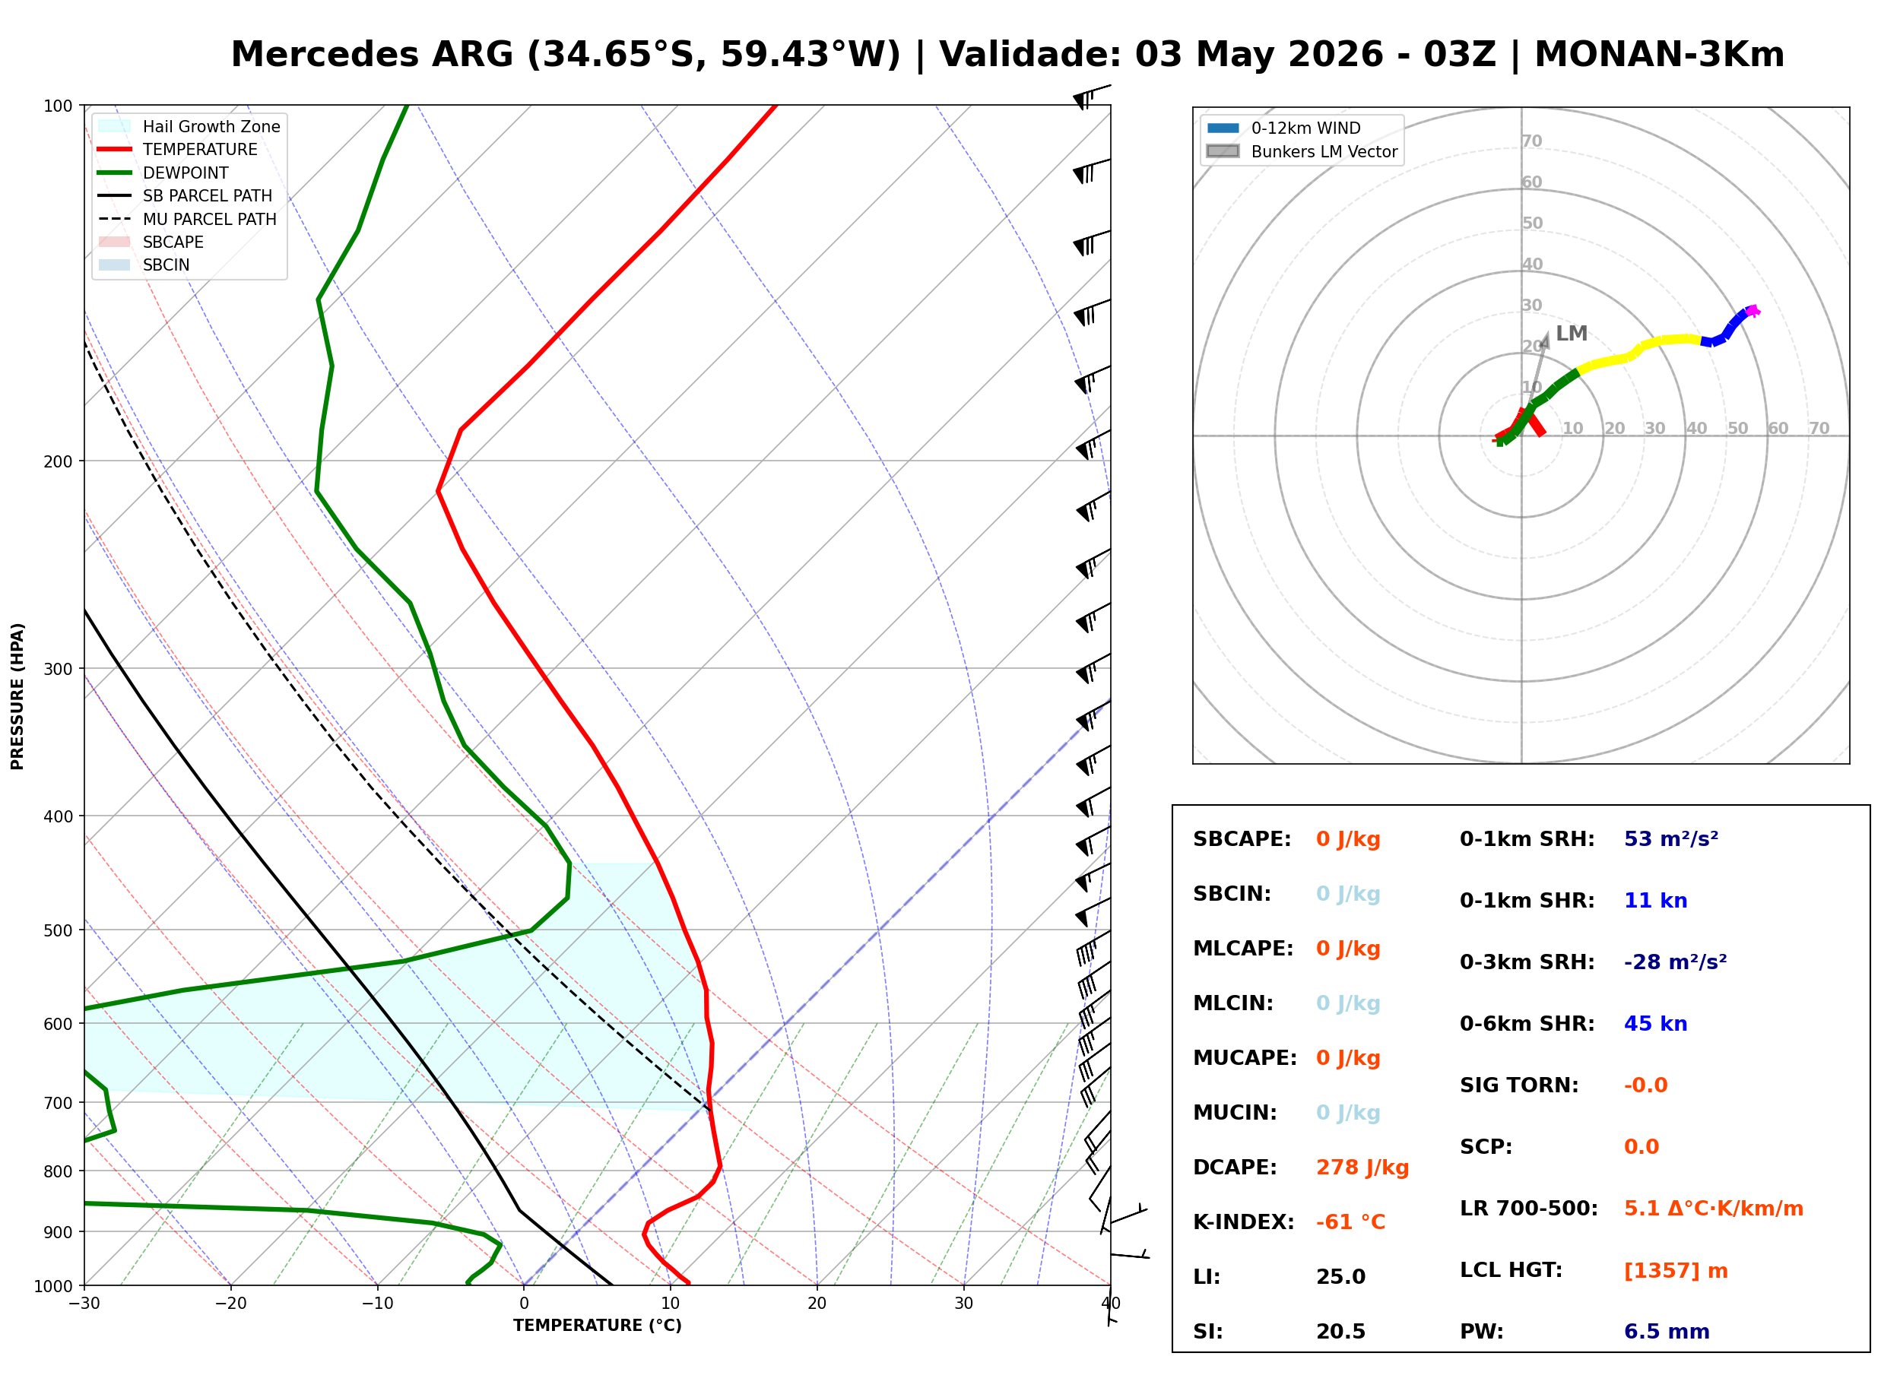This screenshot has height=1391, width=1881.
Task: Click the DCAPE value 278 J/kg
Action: [1362, 1168]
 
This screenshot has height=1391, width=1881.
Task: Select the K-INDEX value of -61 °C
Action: [1350, 1222]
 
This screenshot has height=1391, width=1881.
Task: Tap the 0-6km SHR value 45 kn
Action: [1655, 1024]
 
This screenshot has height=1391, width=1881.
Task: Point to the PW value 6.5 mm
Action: [1667, 1332]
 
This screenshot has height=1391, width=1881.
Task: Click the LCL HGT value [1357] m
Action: [1676, 1271]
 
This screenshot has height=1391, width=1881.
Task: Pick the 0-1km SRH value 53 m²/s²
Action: [1671, 839]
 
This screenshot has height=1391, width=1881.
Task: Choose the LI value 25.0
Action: [1340, 1277]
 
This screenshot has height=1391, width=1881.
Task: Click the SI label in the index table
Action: [1207, 1332]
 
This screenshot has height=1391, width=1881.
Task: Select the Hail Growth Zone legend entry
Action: [189, 126]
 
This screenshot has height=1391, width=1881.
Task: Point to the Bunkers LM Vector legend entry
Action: [1302, 151]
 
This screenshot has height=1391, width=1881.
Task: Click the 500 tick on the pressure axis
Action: [59, 930]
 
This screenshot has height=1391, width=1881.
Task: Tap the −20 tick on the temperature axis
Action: [230, 1304]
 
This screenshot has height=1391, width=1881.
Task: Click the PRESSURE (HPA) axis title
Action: [17, 696]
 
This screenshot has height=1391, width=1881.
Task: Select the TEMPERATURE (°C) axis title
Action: [597, 1326]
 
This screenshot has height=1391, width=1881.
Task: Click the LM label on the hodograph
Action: [1571, 334]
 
